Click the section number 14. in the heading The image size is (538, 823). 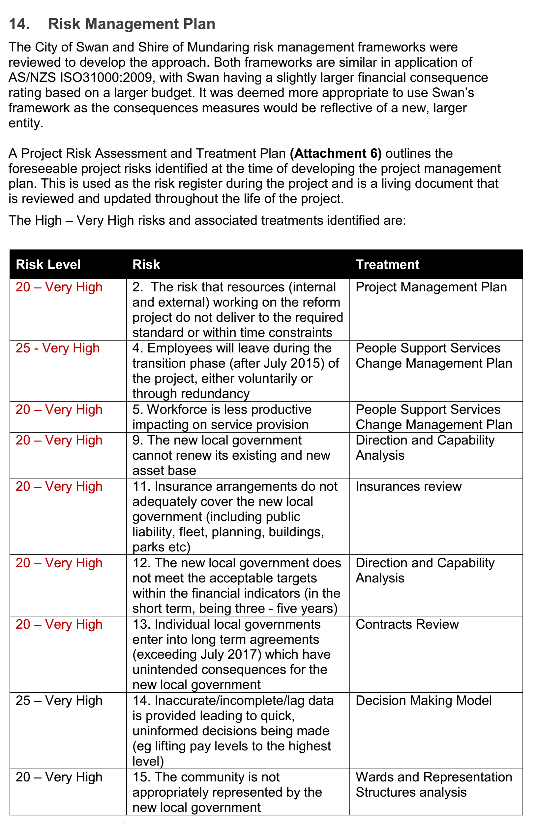[19, 24]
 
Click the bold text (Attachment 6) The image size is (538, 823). [336, 153]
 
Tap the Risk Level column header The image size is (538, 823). [48, 265]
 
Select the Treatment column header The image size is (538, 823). [387, 265]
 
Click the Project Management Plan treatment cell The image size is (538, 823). [431, 287]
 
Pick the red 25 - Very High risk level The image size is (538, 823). [57, 348]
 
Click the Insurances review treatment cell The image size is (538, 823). [408, 486]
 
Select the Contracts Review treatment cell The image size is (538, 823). [407, 624]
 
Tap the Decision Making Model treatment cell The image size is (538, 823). [423, 701]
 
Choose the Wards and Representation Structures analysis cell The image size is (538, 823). [433, 785]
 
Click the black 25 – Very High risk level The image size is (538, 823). [59, 701]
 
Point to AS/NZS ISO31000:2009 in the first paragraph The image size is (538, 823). [80, 78]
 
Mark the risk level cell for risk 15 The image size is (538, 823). [59, 777]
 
